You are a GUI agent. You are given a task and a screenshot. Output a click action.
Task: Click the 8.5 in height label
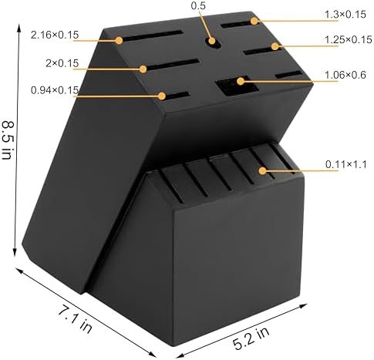click(7, 140)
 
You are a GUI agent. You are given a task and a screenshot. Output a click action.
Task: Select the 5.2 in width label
click(251, 338)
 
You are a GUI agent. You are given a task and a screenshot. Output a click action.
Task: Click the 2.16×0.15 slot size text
click(55, 35)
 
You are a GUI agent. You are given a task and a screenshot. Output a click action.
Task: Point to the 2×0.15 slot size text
click(62, 63)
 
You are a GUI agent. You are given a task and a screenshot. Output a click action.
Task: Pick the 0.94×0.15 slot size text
click(55, 90)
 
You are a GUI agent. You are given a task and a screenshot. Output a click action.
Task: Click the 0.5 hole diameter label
click(198, 5)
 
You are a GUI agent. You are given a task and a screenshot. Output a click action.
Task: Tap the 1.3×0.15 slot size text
click(345, 15)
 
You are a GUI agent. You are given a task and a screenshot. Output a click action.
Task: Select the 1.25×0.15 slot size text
click(349, 40)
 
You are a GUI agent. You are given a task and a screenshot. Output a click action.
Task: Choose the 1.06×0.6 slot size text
click(345, 75)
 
